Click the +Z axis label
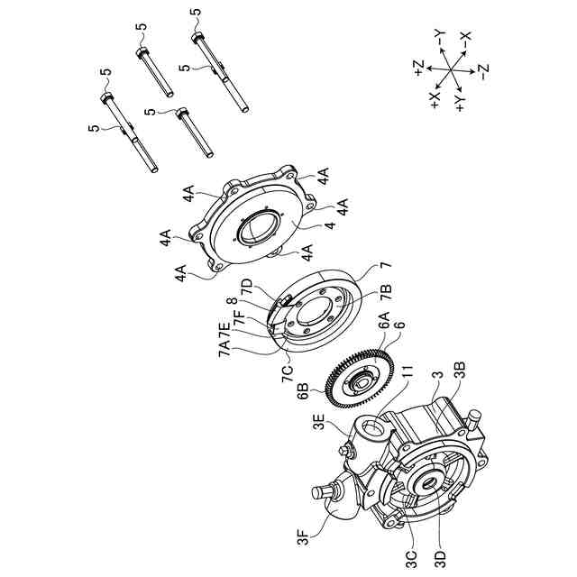pyautogui.click(x=419, y=68)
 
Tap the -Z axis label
pyautogui.click(x=484, y=71)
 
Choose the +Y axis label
pyautogui.click(x=460, y=103)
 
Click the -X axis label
pyautogui.click(x=465, y=40)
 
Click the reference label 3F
pyautogui.click(x=304, y=537)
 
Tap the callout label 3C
pyautogui.click(x=412, y=550)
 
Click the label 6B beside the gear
pyautogui.click(x=303, y=391)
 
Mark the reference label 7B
pyautogui.click(x=386, y=294)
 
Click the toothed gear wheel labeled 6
pyautogui.click(x=360, y=379)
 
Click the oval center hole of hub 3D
pyautogui.click(x=428, y=483)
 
